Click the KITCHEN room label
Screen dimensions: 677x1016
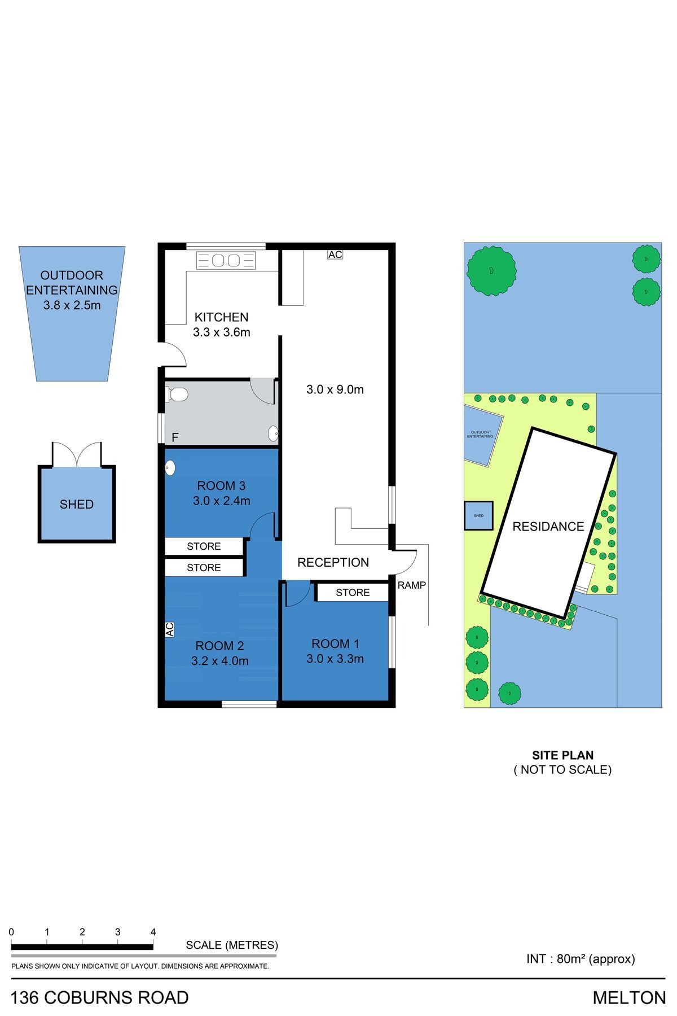221,317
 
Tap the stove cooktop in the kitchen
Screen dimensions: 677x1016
226,260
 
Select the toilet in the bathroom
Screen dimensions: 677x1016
177,394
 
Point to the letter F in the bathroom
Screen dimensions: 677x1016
175,437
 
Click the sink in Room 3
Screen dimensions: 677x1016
170,468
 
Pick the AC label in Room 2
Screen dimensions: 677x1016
169,629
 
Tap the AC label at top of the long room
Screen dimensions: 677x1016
335,255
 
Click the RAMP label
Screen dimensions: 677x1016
412,585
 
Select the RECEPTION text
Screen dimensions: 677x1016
333,562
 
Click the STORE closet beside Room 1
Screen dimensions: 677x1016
353,592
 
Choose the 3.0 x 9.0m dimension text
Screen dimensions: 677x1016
335,389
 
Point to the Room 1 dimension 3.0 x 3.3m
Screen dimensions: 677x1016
335,659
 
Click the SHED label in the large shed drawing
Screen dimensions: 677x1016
77,504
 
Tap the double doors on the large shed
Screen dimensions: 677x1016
77,454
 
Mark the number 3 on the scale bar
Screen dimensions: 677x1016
117,932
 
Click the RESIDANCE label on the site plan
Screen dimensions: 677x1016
548,527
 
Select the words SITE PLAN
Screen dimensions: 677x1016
562,755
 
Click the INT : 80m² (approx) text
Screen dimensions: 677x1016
581,958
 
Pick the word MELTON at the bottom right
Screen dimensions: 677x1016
629,998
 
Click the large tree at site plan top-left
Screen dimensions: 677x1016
491,270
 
